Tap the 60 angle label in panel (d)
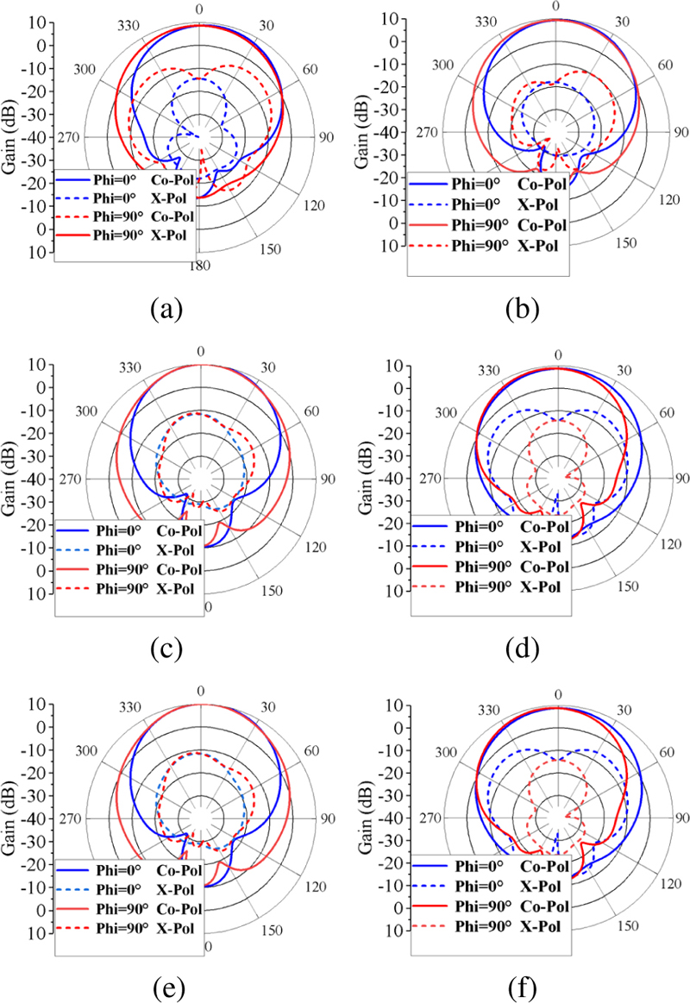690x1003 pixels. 667,412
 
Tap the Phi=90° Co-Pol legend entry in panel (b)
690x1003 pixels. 489,225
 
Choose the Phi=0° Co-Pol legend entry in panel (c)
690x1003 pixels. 129,525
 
